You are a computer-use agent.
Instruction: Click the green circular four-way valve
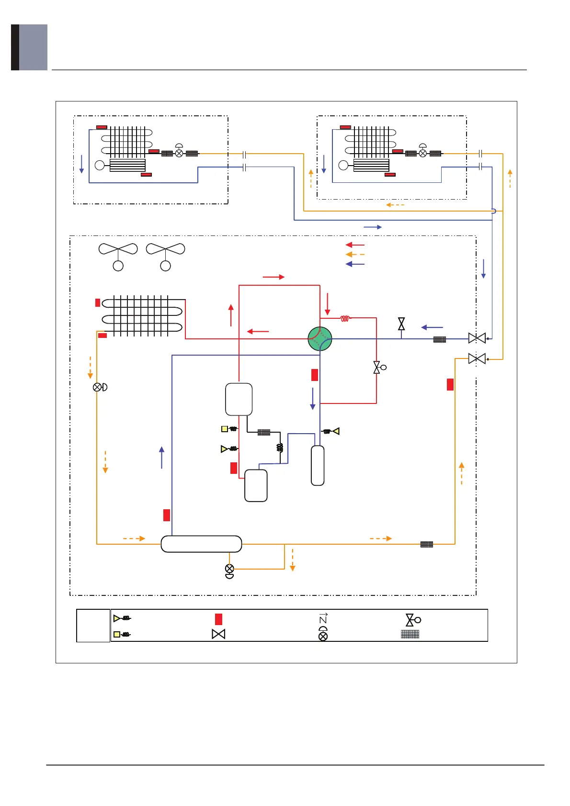click(320, 339)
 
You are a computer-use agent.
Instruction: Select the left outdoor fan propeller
click(118, 249)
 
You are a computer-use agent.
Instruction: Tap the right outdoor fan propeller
click(165, 249)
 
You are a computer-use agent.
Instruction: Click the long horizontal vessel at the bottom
click(201, 544)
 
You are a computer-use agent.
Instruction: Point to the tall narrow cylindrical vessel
click(318, 465)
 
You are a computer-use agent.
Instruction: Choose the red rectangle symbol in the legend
click(218, 619)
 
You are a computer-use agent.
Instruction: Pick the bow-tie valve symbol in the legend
click(218, 634)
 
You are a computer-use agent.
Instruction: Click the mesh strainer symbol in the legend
click(410, 634)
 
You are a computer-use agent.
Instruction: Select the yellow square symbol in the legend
click(117, 635)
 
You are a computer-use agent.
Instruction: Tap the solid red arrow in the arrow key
click(355, 245)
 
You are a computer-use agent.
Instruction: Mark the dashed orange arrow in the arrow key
click(355, 255)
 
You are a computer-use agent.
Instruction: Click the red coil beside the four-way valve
click(345, 318)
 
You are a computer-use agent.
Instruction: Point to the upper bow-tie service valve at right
click(477, 338)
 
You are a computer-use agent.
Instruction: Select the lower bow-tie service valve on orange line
click(477, 358)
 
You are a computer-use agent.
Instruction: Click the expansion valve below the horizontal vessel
click(229, 569)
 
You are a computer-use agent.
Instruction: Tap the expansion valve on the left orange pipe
click(98, 387)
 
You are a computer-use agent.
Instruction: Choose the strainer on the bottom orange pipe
click(427, 544)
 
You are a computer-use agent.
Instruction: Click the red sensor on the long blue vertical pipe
click(167, 515)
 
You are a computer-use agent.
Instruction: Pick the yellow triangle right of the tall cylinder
click(336, 431)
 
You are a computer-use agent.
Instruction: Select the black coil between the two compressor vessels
click(280, 448)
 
